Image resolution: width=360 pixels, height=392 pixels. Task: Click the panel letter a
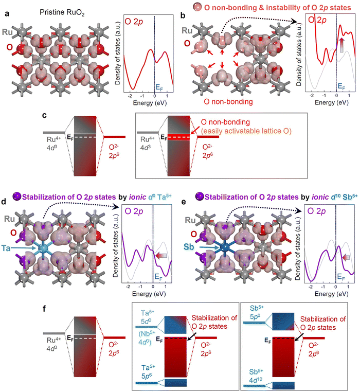7,13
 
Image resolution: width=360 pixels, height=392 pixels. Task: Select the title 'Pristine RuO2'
62,12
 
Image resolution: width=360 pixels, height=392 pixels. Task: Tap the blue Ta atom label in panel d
6,248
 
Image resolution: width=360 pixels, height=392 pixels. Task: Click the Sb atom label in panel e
189,247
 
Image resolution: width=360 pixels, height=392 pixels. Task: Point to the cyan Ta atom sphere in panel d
43,248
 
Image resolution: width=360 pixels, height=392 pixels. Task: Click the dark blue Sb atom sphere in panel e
225,247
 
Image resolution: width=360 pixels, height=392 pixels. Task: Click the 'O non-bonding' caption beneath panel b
228,102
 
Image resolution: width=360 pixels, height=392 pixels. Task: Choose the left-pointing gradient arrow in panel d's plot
161,256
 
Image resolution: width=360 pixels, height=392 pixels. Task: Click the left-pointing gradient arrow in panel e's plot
346,258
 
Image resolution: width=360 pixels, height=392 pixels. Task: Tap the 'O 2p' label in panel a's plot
134,22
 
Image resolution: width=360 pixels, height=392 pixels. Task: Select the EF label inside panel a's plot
159,87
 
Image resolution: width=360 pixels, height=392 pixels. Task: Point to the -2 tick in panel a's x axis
130,96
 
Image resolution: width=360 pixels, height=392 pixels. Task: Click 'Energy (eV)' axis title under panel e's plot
332,294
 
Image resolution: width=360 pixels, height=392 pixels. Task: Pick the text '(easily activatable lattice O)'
246,131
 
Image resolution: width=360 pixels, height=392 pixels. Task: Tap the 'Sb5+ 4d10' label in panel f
256,376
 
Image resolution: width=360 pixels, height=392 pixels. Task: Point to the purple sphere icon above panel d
17,197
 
